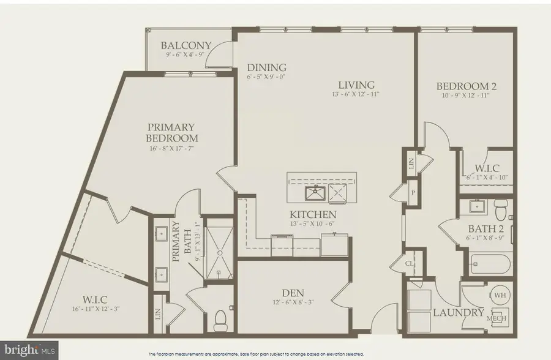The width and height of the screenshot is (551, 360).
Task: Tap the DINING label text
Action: tap(266, 67)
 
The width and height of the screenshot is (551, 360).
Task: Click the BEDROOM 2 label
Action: tap(467, 86)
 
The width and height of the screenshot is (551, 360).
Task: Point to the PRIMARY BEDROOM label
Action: tap(171, 132)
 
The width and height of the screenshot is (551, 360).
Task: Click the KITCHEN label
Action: tap(313, 214)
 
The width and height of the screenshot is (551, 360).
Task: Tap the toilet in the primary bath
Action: tap(221, 319)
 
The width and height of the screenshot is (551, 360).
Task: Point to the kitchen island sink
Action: tap(315, 194)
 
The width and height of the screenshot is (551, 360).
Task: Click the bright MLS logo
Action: tap(29, 351)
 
